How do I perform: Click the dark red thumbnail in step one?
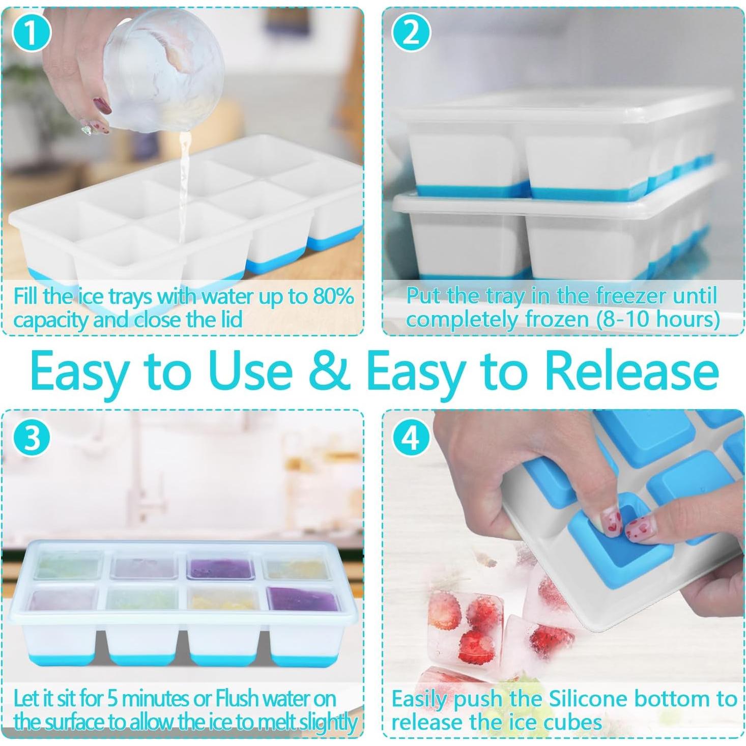(x=102, y=105)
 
